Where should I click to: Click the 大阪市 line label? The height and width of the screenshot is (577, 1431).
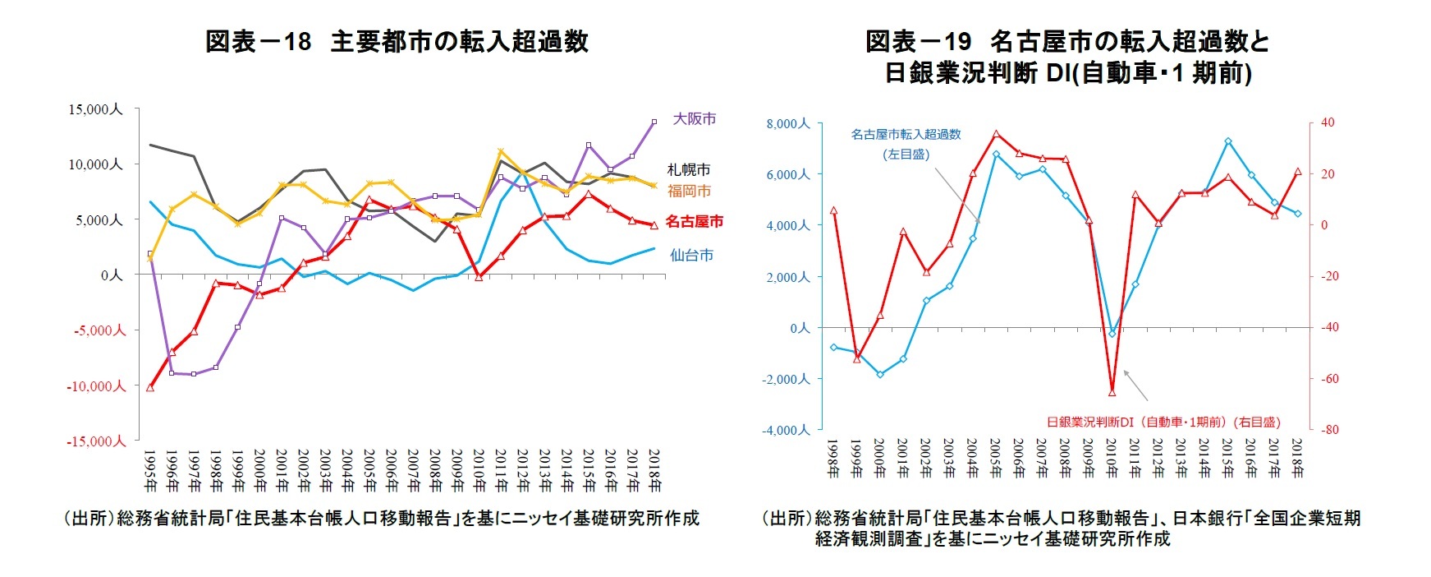694,119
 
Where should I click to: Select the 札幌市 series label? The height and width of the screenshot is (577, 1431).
688,169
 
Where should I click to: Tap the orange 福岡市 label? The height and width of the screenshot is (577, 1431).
688,191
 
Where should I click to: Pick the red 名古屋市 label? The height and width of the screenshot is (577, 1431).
694,221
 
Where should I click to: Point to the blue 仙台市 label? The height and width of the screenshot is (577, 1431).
691,255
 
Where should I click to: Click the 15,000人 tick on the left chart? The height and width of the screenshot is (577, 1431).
95,109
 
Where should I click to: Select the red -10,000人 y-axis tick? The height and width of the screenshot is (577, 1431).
96,386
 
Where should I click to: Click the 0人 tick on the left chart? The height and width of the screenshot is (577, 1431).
111,275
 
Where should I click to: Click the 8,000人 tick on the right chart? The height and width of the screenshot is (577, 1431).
787,123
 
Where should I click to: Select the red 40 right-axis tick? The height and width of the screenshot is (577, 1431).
1328,122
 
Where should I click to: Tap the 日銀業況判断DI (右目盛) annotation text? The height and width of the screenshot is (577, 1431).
1163,422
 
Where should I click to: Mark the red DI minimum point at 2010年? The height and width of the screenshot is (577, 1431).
1112,392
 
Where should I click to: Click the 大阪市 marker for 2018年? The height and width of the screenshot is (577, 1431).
654,122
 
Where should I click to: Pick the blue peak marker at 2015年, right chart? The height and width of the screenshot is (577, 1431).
1227,141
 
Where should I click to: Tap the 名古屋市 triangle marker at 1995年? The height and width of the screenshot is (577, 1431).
150,387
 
